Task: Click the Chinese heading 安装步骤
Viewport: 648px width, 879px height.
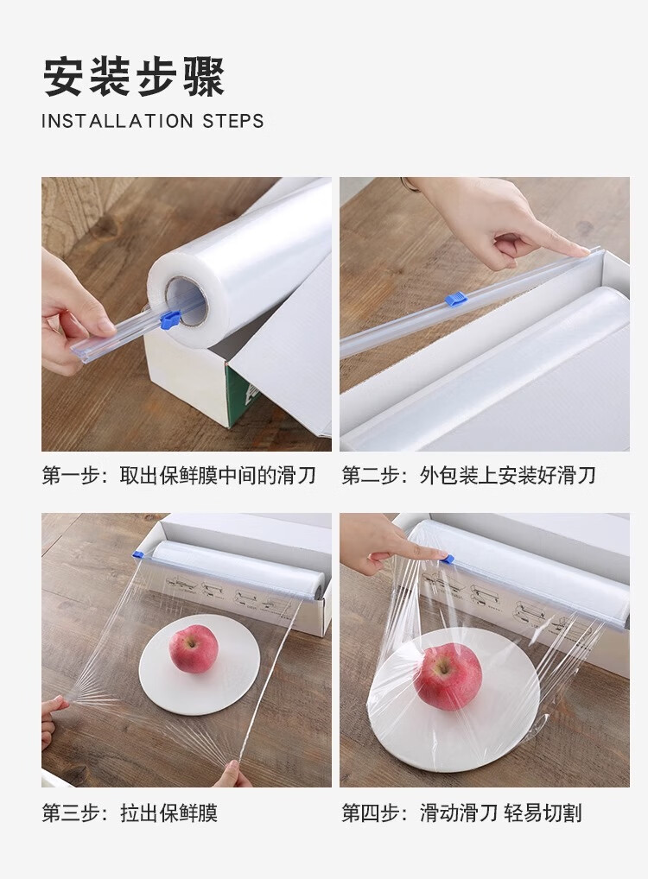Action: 134,78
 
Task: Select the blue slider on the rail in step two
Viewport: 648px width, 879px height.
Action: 457,300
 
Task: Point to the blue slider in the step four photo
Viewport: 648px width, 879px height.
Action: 448,559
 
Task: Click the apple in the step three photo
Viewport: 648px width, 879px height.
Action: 194,648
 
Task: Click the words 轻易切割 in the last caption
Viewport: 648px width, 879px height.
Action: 543,813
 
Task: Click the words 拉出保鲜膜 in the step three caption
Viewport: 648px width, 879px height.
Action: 168,813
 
